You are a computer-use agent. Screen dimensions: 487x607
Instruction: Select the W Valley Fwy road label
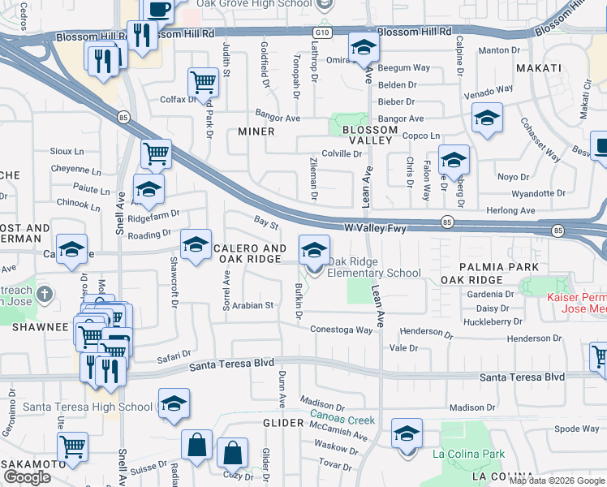pos(375,230)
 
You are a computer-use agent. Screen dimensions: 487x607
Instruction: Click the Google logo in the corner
pos(27,478)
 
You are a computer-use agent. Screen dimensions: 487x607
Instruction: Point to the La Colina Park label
pos(468,454)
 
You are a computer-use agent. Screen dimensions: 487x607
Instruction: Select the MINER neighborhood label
pos(256,131)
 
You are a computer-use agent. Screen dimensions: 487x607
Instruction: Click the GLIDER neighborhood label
pos(282,424)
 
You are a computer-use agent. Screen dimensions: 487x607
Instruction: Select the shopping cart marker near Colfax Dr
pos(203,81)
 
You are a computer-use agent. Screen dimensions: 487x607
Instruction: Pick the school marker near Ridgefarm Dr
pos(149,190)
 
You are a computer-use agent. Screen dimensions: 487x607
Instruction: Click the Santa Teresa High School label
pos(88,407)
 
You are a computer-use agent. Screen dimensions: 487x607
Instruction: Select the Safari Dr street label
pos(173,355)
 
